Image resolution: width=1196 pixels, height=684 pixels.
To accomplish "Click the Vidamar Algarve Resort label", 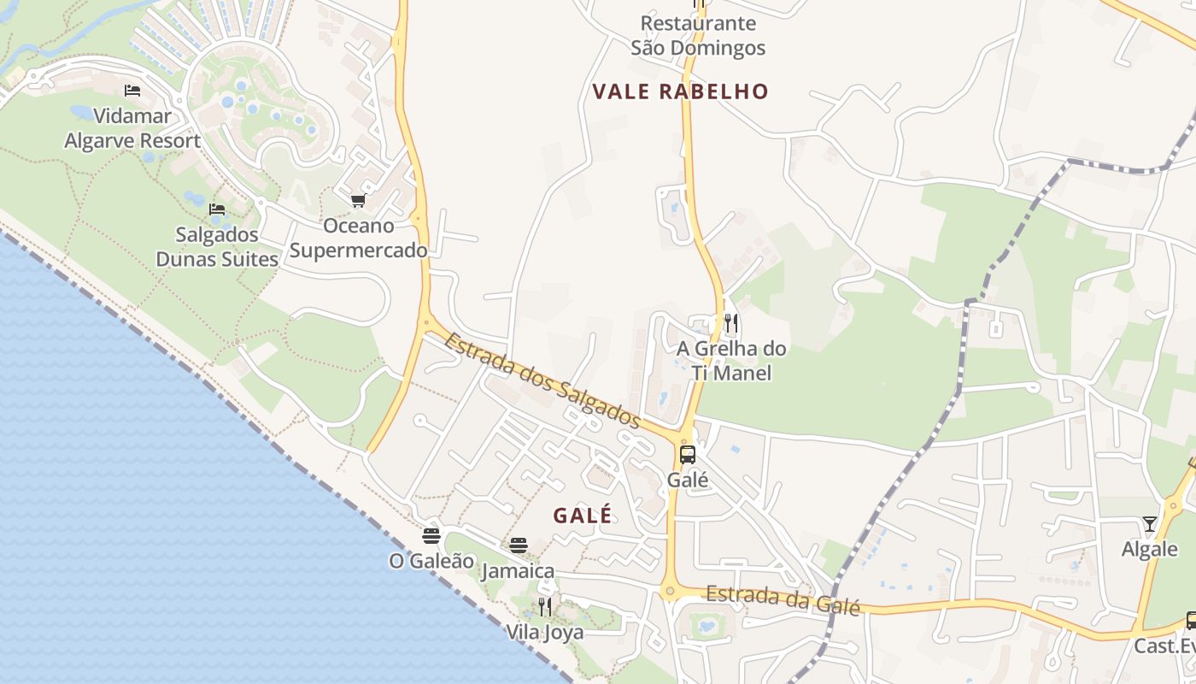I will point(132,128).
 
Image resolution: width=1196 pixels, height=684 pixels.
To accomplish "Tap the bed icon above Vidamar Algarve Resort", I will point(132,90).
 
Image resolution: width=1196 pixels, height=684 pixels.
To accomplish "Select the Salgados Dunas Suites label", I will point(217,246).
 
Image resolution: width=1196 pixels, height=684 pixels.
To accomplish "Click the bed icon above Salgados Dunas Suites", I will point(217,209).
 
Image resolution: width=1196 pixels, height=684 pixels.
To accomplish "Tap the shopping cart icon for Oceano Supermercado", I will point(359,200).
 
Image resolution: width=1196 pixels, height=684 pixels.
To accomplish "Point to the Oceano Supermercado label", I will point(358,238).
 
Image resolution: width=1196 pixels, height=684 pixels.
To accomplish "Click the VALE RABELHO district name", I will point(681,91).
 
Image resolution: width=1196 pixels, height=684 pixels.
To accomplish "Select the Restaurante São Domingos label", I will point(698,35).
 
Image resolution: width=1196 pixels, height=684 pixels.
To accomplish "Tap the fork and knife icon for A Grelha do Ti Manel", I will point(730,322).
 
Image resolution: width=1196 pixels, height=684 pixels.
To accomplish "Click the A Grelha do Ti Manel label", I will point(731,360).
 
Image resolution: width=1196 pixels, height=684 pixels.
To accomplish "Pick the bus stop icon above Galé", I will point(688,454).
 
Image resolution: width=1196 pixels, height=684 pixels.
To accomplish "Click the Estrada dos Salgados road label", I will point(542,380).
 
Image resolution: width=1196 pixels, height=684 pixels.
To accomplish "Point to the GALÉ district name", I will point(583,516).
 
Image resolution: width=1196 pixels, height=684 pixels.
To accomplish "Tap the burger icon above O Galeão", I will point(431,536).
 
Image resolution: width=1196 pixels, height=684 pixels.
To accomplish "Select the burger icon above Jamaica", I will point(519,545).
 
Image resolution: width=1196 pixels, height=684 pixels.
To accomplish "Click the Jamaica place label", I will point(518,570).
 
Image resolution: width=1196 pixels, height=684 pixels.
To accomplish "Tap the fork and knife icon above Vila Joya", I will point(544,607).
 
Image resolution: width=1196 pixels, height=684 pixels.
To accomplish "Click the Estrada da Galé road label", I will point(783,599).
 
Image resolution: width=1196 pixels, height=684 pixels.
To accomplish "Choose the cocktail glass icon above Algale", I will point(1150,523).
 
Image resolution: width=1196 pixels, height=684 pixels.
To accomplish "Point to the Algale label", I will point(1150,549).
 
